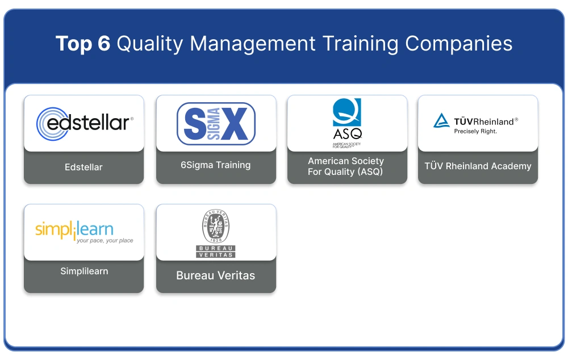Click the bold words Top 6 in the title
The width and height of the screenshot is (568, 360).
(83, 44)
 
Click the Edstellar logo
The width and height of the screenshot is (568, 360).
(84, 123)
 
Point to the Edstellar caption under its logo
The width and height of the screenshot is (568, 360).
(83, 168)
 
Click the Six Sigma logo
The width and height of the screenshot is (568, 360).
(216, 123)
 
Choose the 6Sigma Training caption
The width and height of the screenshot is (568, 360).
(215, 165)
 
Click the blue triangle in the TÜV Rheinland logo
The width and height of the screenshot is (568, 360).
(441, 120)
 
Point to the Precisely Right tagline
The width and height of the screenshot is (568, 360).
(475, 131)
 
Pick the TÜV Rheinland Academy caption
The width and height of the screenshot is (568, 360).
(478, 166)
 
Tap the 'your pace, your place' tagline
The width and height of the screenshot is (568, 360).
(105, 241)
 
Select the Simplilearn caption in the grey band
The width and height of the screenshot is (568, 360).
(84, 271)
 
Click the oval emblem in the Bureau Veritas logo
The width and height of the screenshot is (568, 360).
(216, 227)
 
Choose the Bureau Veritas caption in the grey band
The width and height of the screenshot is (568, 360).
(216, 276)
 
